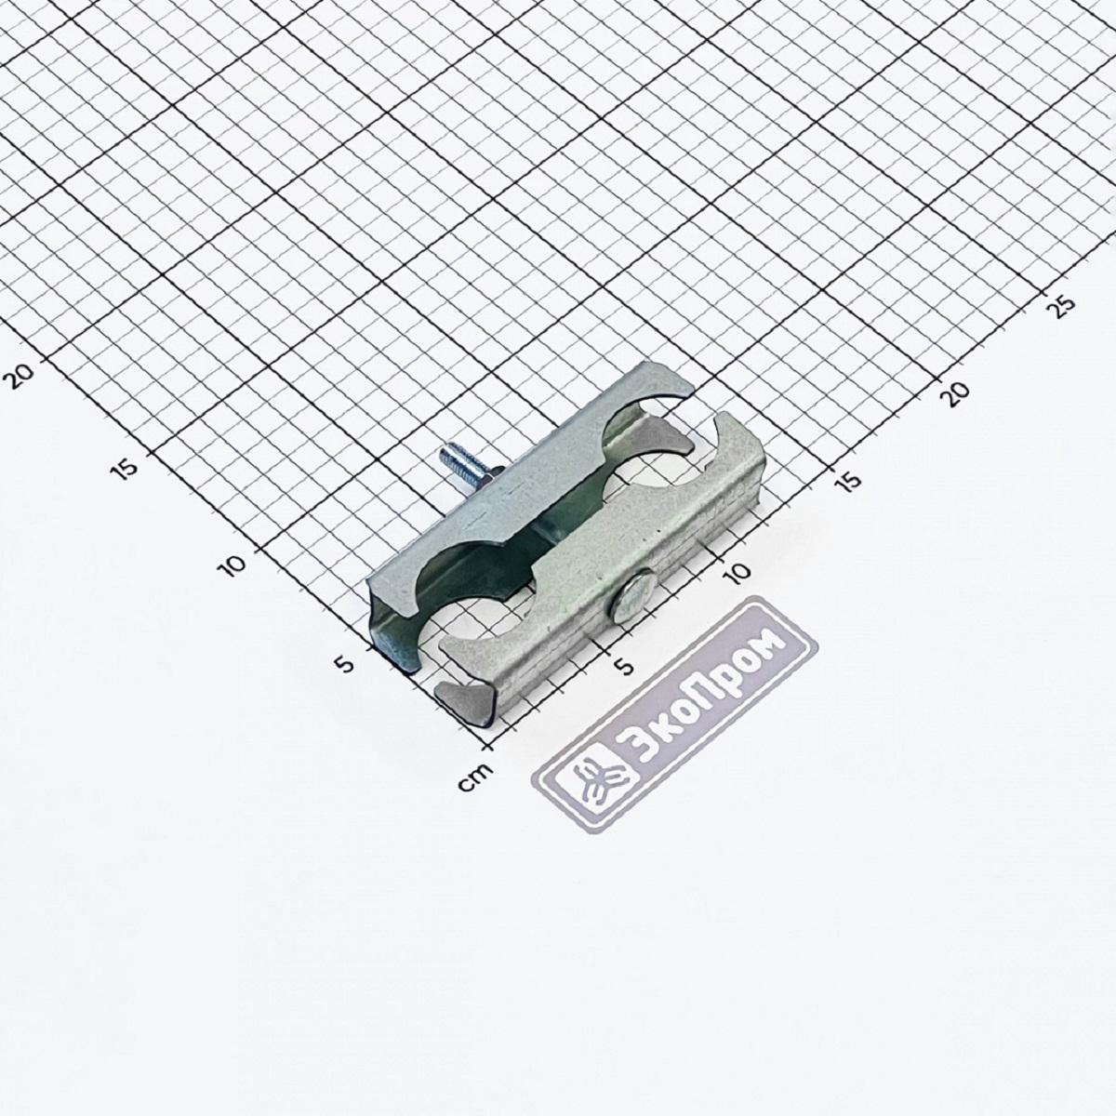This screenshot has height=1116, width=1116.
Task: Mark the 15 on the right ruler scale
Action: (x=849, y=480)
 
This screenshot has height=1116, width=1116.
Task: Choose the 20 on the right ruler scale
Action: (x=957, y=391)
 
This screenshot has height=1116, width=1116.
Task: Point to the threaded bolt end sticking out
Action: (x=452, y=459)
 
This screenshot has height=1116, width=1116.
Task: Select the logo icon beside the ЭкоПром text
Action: (x=591, y=778)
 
